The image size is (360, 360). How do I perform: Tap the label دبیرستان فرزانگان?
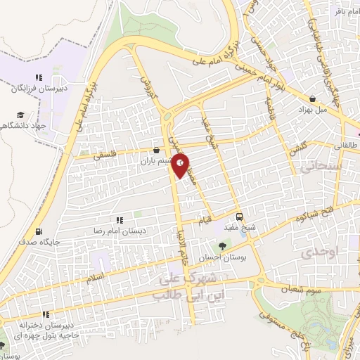pos(39,89)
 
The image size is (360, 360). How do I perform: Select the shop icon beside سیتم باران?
pos(156,150)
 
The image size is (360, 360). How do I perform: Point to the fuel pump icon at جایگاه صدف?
pos(38,231)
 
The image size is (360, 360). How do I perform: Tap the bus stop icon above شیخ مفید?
pos(240,217)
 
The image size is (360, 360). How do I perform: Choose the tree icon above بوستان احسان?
pos(222,246)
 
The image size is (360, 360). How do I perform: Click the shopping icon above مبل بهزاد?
pos(312,99)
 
